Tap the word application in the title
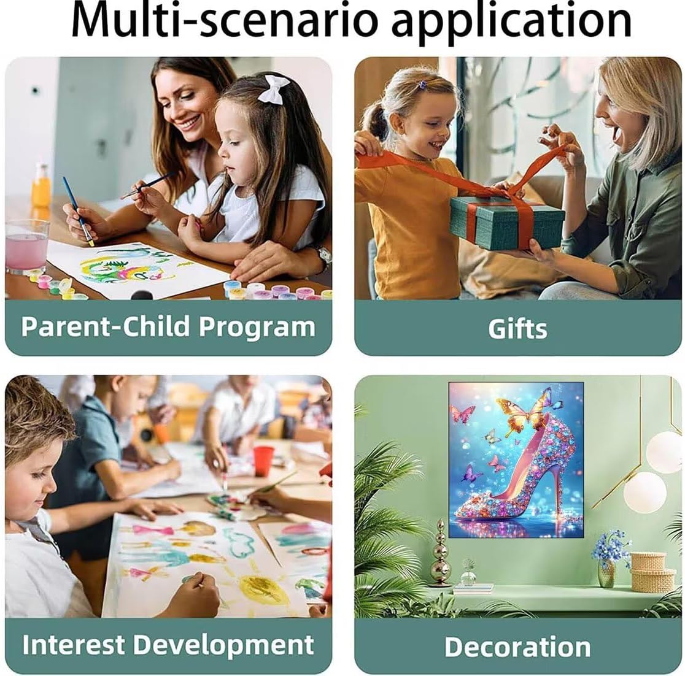(x=511, y=23)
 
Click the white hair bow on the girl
(x=274, y=89)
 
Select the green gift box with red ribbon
(x=507, y=221)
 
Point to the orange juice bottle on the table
(x=41, y=185)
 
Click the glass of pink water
(x=26, y=246)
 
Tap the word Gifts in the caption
(x=517, y=328)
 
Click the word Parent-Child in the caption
(x=106, y=326)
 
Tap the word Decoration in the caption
(x=517, y=647)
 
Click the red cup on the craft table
(x=263, y=461)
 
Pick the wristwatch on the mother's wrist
(x=323, y=258)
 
